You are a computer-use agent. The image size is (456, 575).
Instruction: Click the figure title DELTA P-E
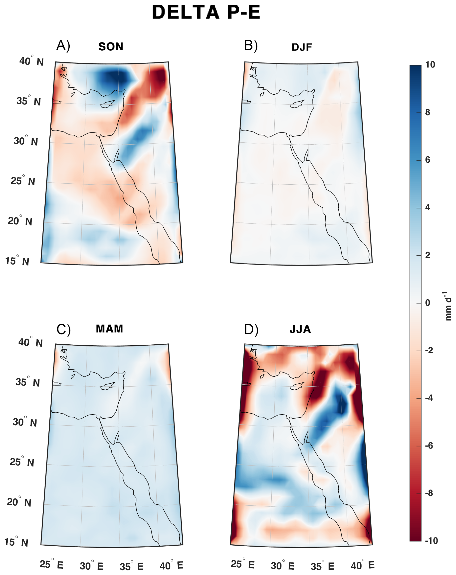coord(206,12)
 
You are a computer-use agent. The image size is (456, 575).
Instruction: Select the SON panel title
coord(111,47)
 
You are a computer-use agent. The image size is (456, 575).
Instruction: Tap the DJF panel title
coord(302,47)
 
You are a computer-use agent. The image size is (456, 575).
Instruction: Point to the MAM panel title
coord(109,329)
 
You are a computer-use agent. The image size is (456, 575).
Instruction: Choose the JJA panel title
coord(300,329)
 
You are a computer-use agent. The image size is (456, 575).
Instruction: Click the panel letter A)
coord(63,45)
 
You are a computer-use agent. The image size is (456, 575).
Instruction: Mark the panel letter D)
coord(251,330)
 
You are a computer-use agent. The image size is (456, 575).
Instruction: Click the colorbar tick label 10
coord(430,65)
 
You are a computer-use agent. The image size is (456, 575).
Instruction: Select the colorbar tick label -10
coord(431,540)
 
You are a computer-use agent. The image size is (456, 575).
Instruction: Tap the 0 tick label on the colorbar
coord(428,303)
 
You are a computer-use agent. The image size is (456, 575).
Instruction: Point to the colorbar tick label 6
coord(428,160)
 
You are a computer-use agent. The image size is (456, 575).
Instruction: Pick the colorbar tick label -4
coord(429,398)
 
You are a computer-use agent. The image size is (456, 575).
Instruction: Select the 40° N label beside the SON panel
coord(31,61)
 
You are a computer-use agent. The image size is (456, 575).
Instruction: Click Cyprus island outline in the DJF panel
coord(297,104)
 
